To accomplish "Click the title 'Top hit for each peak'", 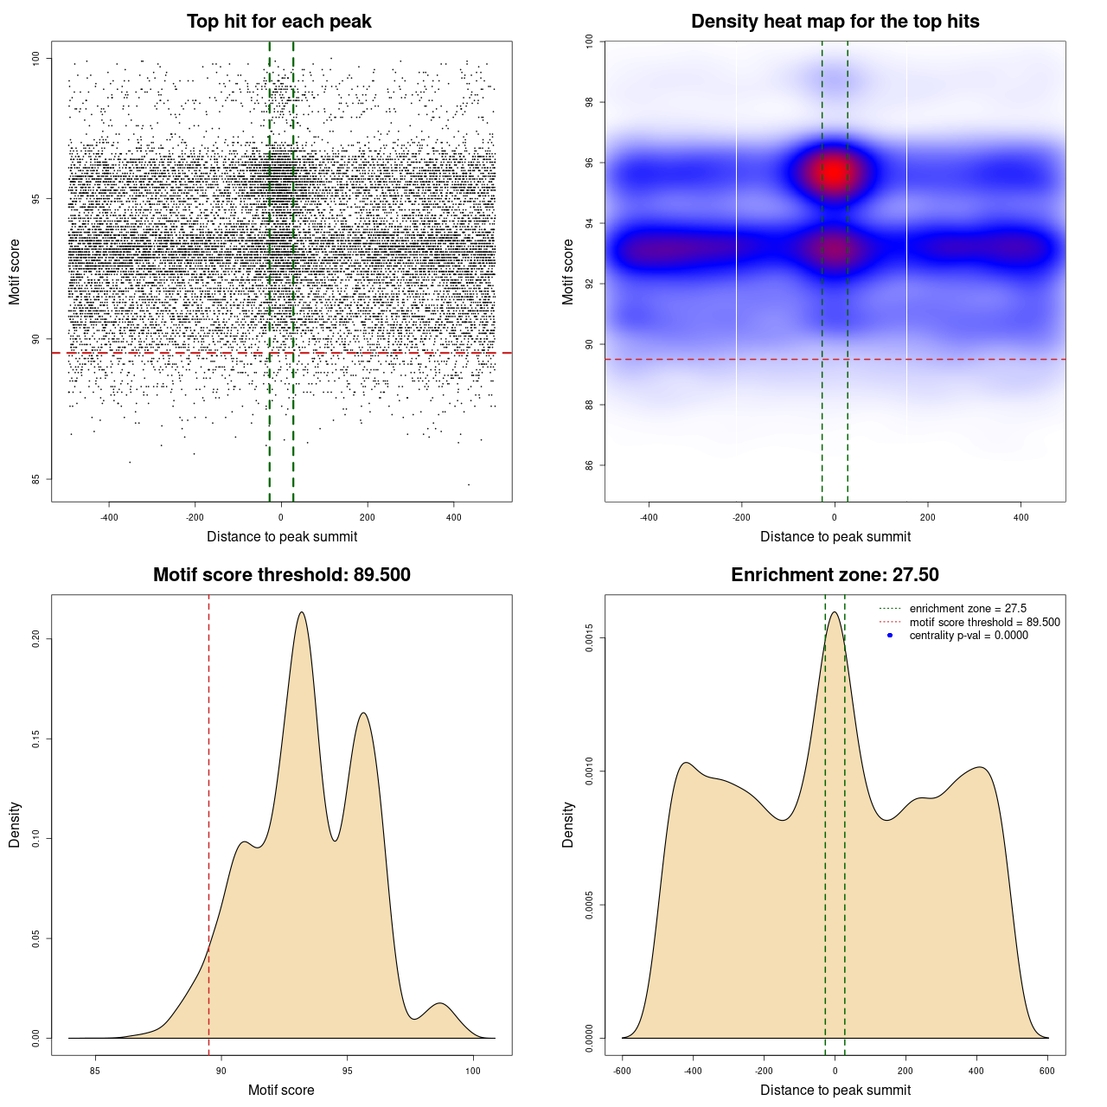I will click(x=278, y=22).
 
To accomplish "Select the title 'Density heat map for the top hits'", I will click(x=835, y=22).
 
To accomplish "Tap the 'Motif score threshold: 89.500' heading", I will click(x=281, y=575).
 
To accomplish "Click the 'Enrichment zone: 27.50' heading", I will click(x=835, y=575).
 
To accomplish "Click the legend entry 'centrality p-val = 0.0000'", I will click(x=969, y=636).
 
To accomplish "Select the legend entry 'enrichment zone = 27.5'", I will click(x=968, y=609).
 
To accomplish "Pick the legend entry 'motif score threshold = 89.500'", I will click(x=984, y=623).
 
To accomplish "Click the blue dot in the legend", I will click(x=890, y=636).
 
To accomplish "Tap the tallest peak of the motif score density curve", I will click(x=301, y=613).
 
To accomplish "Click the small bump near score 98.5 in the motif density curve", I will click(x=440, y=1004).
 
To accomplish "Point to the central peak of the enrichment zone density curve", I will click(x=835, y=613).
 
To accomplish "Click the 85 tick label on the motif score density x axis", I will click(x=95, y=1071).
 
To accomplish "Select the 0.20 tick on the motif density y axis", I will click(x=36, y=638).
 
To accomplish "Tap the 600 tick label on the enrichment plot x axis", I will click(x=1047, y=1071).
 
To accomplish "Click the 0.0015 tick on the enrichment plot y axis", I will click(x=590, y=638).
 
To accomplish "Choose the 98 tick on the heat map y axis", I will click(x=590, y=102).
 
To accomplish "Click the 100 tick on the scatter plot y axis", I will click(x=36, y=58).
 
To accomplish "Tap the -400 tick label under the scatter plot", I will click(x=109, y=517).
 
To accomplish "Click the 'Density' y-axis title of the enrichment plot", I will click(x=568, y=824).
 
